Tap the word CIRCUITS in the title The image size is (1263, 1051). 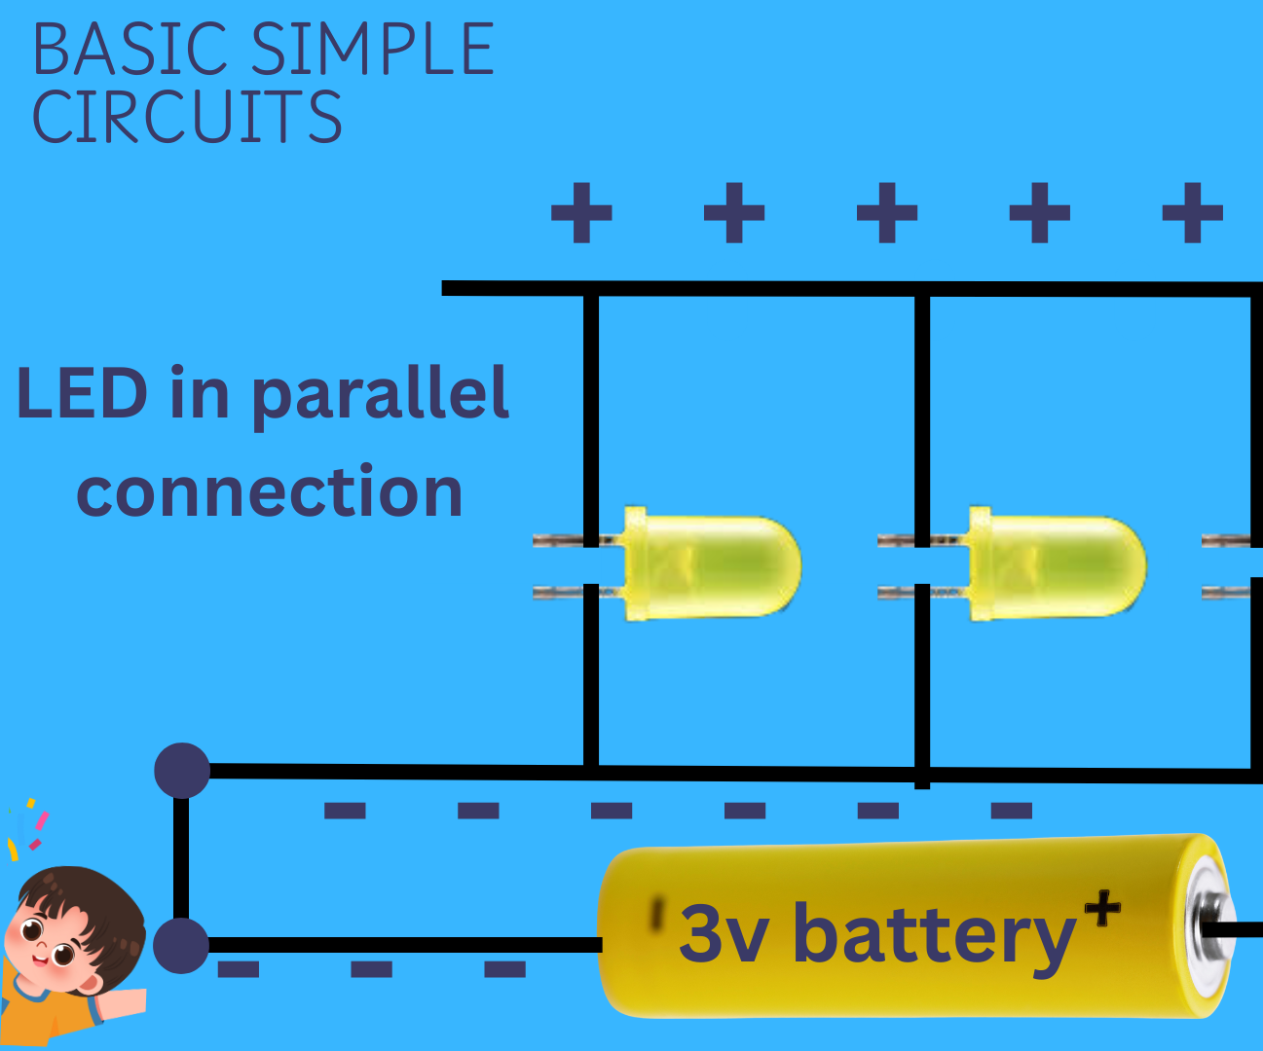[x=187, y=118]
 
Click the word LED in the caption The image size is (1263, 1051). [x=82, y=393]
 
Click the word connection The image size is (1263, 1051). [x=270, y=491]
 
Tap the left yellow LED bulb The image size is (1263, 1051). [x=711, y=564]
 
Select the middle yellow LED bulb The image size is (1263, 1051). [x=1057, y=564]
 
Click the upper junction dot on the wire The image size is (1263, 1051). [x=182, y=771]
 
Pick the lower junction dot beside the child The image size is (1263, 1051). [x=181, y=945]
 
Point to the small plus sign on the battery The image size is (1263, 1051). [x=1102, y=909]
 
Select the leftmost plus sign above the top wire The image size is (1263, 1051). [x=581, y=212]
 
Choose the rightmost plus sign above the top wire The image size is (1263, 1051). [x=1192, y=212]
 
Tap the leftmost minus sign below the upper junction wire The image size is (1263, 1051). [x=345, y=811]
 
